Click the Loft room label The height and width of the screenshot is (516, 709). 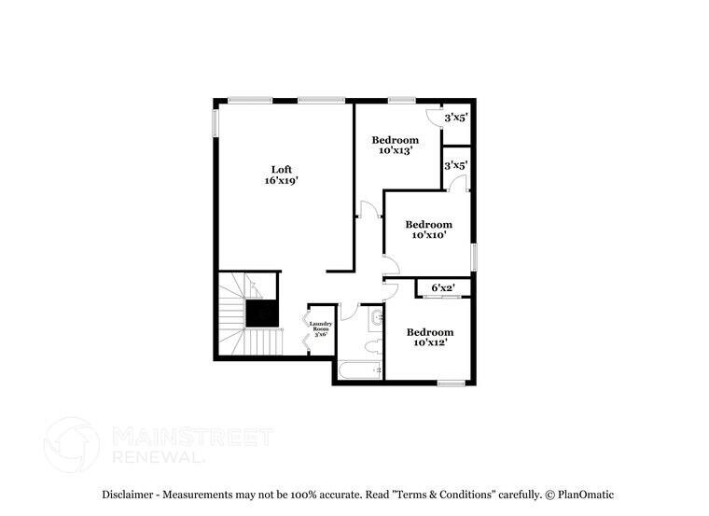click(280, 169)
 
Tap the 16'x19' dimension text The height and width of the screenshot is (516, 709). click(280, 181)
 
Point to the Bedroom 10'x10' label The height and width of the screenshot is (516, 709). click(428, 224)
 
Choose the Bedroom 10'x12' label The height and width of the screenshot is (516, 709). click(429, 332)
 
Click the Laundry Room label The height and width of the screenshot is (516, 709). click(320, 328)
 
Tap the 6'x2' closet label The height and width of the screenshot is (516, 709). click(442, 286)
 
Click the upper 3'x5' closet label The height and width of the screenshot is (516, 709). click(455, 118)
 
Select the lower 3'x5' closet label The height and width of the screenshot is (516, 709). click(455, 165)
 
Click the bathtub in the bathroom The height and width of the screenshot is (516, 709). click(360, 370)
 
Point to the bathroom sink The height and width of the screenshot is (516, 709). click(375, 320)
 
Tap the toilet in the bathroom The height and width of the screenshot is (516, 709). click(371, 348)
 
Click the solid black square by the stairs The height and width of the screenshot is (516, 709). click(262, 313)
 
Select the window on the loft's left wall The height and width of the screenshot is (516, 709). click(215, 123)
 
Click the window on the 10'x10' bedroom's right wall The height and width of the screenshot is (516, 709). click(474, 256)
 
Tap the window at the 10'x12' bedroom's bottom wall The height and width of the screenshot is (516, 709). click(451, 382)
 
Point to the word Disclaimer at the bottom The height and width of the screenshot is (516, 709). click(130, 495)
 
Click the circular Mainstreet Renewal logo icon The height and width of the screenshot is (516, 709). click(72, 444)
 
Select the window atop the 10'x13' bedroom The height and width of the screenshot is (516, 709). click(402, 100)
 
